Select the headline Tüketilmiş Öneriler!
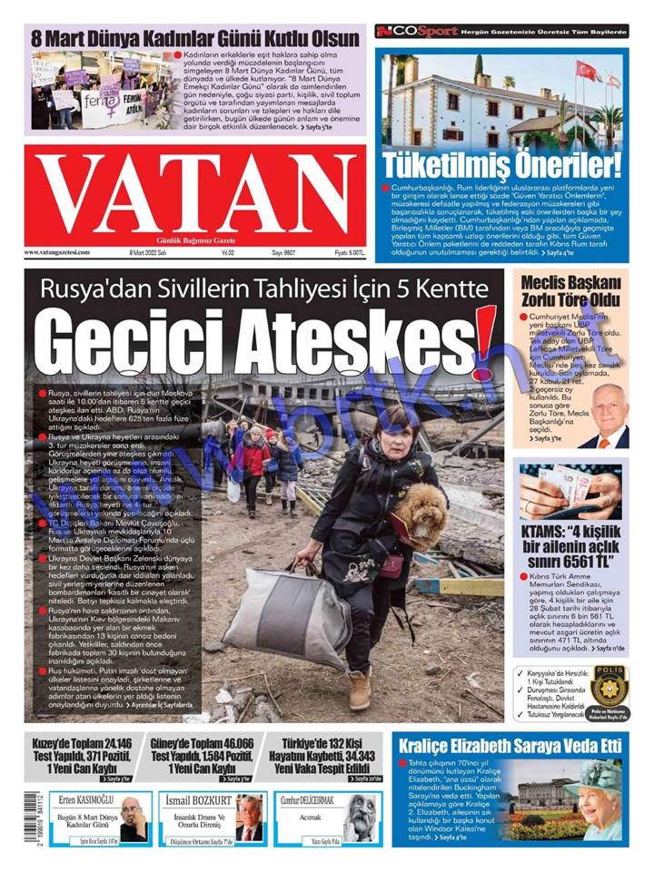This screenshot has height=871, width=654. tap(502, 165)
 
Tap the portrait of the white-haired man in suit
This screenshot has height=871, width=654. tap(605, 416)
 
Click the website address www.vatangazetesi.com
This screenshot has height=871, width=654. tap(57, 252)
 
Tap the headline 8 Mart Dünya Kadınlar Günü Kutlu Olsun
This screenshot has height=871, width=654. tap(196, 39)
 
